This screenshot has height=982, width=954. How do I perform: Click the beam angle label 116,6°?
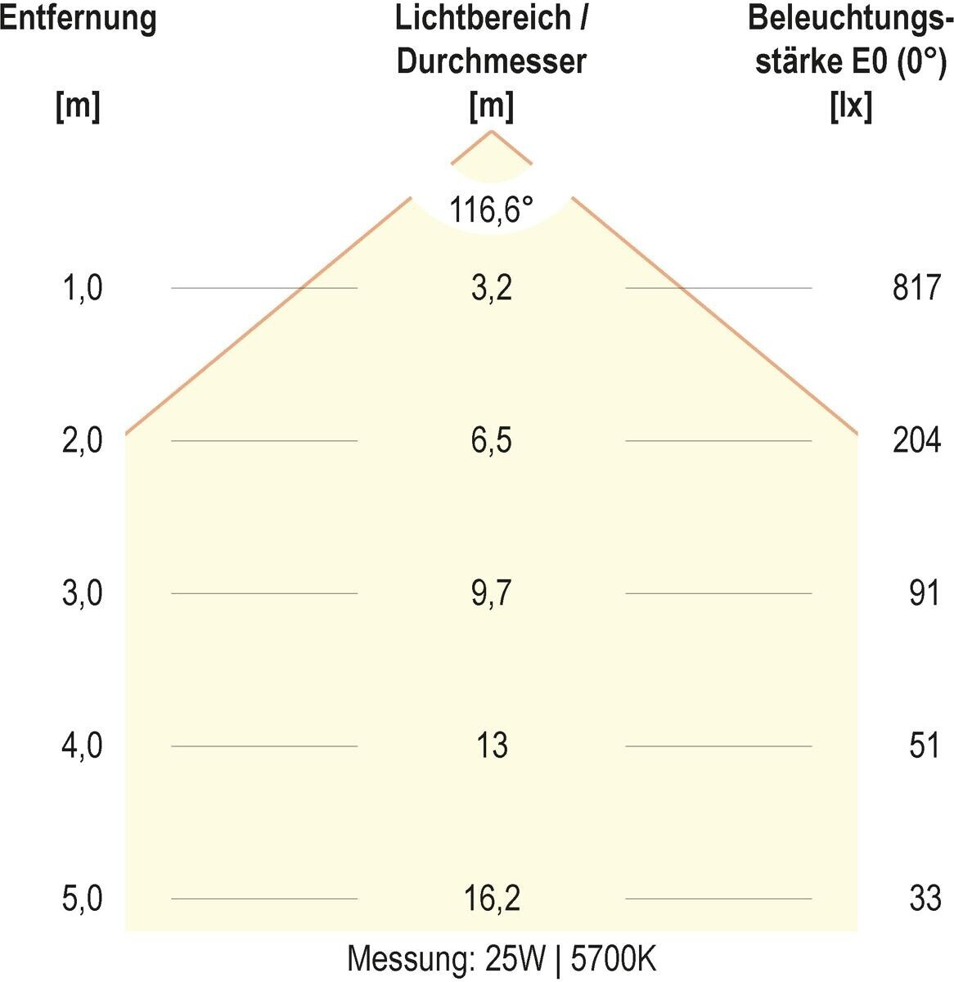point(491,210)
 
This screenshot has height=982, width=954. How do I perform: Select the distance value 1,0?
point(82,288)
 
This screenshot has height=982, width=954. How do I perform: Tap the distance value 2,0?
point(82,441)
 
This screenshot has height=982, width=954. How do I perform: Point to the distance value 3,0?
point(82,593)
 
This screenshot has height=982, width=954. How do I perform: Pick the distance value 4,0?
point(82,746)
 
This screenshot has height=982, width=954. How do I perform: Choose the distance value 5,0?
point(82,899)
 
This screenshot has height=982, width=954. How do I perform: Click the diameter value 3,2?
point(491,288)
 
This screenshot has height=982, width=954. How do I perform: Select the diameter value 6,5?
point(491,441)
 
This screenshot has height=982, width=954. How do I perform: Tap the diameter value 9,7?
point(491,593)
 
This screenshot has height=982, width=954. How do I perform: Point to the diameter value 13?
point(491,746)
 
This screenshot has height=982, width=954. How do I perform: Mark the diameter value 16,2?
point(491,899)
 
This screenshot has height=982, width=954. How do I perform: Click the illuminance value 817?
point(916,288)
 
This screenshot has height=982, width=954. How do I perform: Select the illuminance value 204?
point(916,441)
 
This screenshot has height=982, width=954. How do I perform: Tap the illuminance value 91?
point(924,593)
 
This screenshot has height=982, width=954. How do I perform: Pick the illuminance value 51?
point(924,746)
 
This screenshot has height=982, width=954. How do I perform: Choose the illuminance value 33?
point(925,899)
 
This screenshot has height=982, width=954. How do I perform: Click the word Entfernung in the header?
point(78,20)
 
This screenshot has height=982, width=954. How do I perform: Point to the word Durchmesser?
point(491,62)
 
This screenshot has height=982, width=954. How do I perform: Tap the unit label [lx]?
point(850,106)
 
